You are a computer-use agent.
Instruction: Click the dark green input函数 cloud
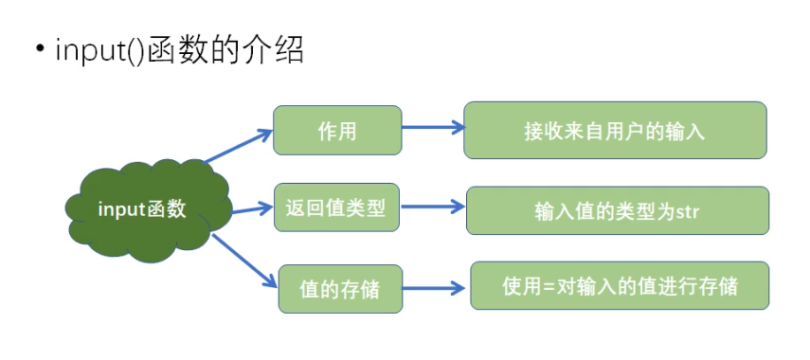tap(150, 210)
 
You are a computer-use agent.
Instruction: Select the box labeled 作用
tap(337, 130)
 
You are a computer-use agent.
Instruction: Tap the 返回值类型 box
tap(336, 207)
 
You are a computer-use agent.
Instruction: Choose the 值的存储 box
tap(340, 289)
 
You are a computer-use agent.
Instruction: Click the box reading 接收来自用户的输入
tap(615, 130)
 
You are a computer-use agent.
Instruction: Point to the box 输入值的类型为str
tap(618, 210)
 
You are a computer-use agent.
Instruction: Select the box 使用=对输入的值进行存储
tap(620, 285)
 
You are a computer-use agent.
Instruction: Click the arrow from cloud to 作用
tap(238, 147)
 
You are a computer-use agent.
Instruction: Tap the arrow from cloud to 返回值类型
tap(250, 209)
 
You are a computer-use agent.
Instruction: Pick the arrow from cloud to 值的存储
tap(244, 261)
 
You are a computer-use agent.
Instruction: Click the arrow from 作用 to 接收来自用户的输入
tap(433, 127)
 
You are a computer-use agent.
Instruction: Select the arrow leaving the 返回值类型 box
tap(433, 207)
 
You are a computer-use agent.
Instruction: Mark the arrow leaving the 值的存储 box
tap(434, 288)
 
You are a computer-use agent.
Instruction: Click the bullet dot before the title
tap(41, 49)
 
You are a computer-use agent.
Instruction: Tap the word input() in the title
tap(99, 51)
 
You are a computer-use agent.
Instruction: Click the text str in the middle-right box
tap(687, 212)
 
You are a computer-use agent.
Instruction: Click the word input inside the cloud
tap(122, 209)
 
